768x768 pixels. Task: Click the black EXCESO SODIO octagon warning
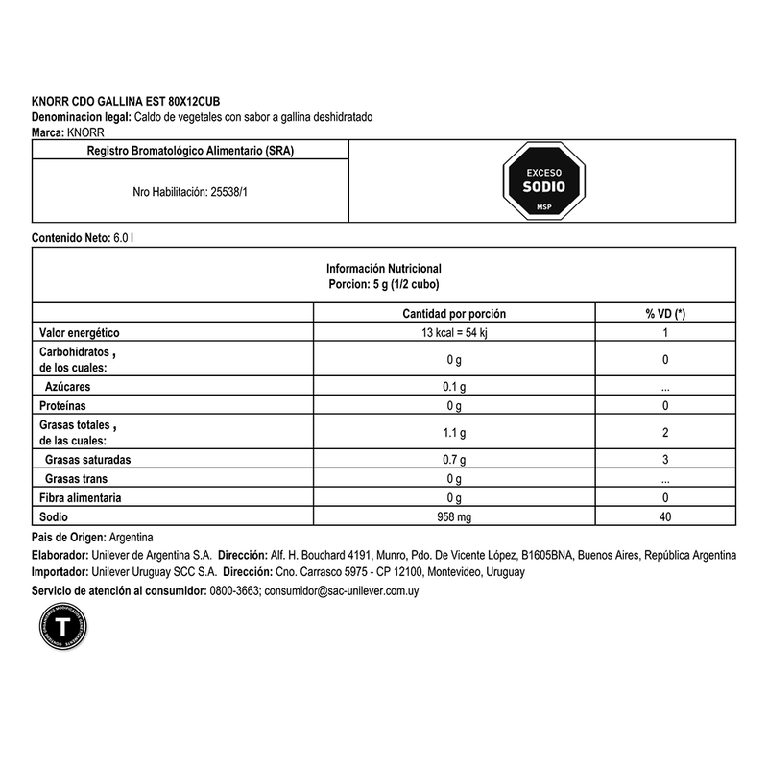tap(542, 181)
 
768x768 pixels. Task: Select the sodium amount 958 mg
tap(455, 517)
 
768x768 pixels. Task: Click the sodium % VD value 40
tap(665, 517)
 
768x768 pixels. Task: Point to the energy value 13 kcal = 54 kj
tap(455, 332)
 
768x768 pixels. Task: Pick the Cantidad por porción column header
tap(454, 314)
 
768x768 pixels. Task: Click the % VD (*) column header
tap(665, 314)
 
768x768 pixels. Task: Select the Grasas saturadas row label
tap(87, 460)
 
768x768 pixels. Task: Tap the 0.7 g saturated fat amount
tap(455, 460)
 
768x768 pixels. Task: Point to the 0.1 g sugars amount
tap(455, 387)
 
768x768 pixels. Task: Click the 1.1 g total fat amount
tap(455, 433)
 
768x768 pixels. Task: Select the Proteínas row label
tap(64, 406)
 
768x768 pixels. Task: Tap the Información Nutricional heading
tap(384, 269)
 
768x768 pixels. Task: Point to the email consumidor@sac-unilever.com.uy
tap(342, 591)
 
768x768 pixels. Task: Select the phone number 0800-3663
tap(234, 591)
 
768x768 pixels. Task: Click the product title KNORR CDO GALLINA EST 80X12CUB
tap(129, 103)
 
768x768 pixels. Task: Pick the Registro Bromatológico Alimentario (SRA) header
tap(190, 151)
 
